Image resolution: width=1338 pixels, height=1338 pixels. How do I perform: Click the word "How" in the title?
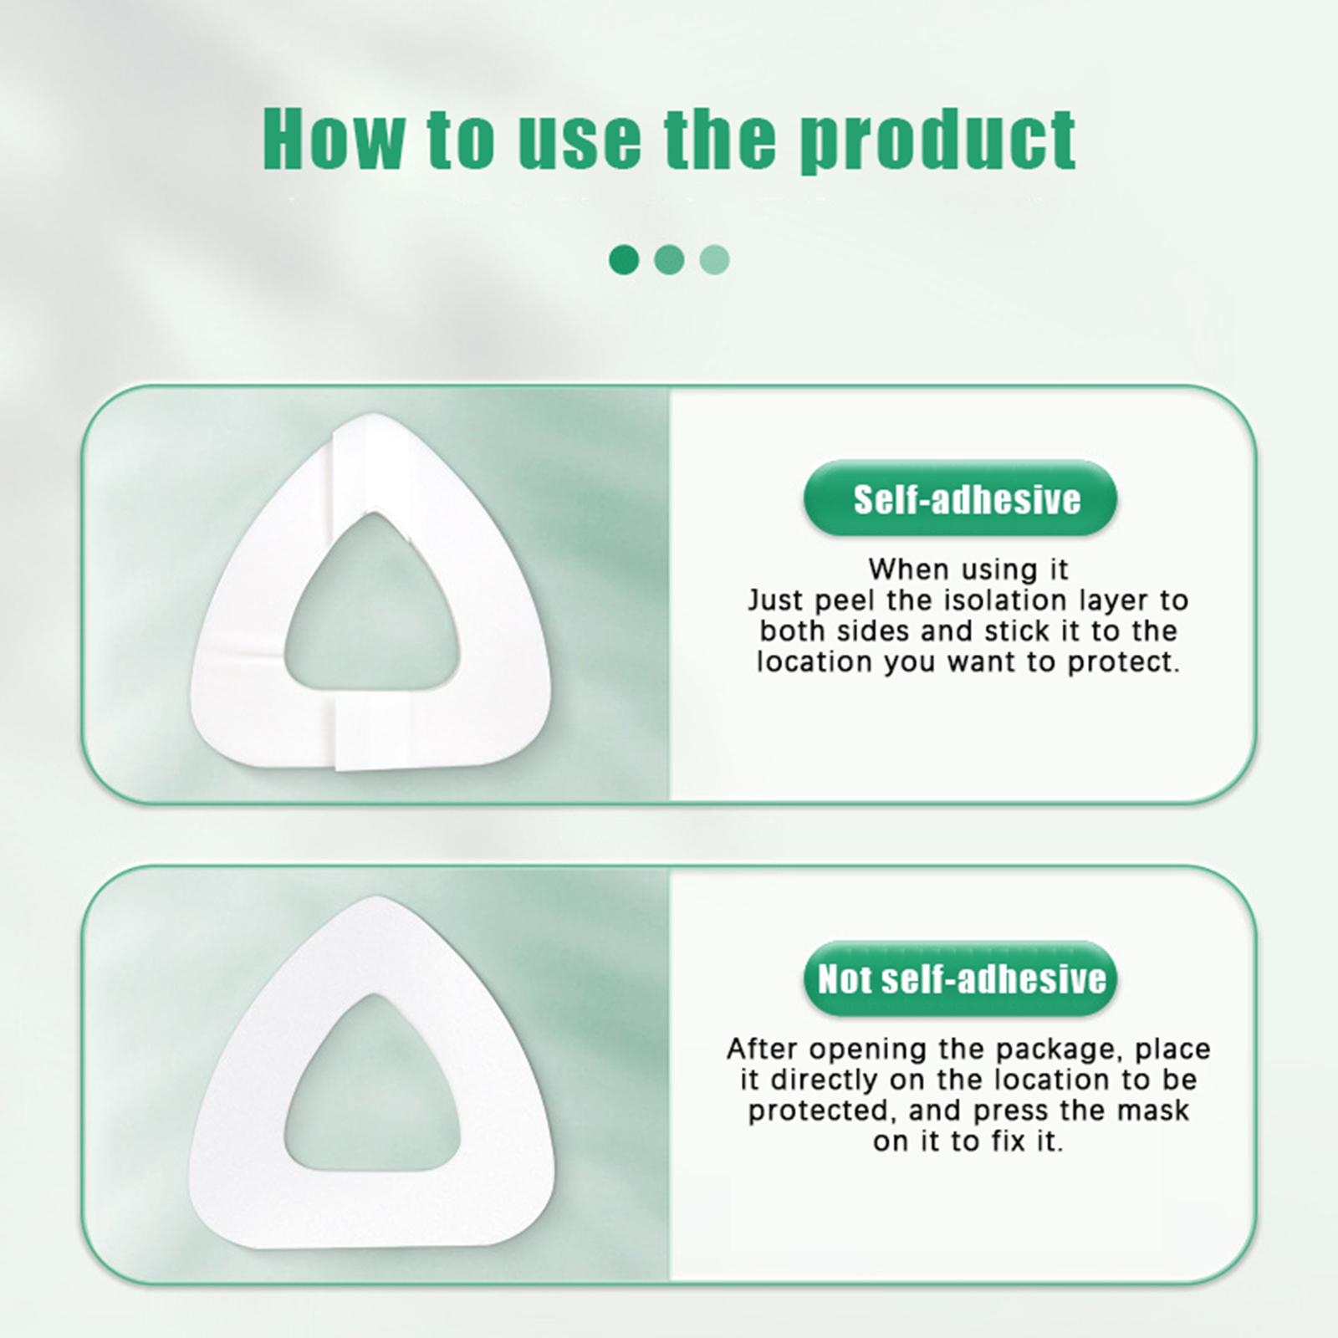(x=333, y=139)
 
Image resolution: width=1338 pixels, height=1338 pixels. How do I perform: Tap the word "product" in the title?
(x=937, y=141)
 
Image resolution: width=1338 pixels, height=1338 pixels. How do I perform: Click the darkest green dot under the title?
(x=624, y=259)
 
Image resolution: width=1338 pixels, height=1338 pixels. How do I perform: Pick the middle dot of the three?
(x=669, y=259)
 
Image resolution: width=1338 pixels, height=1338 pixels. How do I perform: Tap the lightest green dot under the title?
(x=714, y=259)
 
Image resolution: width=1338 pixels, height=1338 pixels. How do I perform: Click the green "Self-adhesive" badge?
(x=960, y=498)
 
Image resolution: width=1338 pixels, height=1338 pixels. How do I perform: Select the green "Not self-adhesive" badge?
(x=960, y=978)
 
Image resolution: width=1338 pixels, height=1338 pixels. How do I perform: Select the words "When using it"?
(x=968, y=570)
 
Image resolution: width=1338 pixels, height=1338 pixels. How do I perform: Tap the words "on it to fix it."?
(x=968, y=1141)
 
